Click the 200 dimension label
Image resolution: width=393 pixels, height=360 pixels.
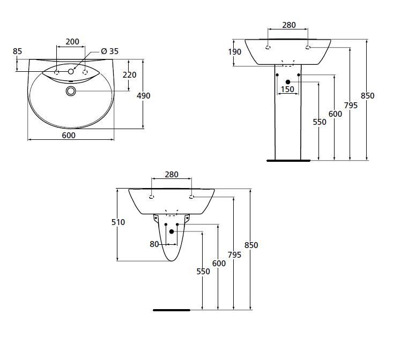click(x=72, y=42)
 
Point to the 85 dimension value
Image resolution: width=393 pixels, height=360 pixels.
click(x=17, y=51)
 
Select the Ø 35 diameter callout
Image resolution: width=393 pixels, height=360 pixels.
click(x=110, y=51)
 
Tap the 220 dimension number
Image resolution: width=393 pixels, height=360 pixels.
click(x=129, y=75)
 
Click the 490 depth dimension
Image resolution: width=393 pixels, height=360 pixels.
click(x=144, y=96)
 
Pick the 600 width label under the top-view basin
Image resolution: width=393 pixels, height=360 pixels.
click(x=69, y=136)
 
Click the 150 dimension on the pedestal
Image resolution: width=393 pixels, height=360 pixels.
click(x=288, y=89)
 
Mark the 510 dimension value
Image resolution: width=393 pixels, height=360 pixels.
click(x=118, y=222)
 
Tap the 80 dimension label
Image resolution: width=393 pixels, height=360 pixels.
click(x=154, y=244)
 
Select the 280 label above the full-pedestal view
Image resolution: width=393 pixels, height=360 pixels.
click(x=289, y=25)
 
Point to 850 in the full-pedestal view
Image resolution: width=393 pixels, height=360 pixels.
click(x=367, y=96)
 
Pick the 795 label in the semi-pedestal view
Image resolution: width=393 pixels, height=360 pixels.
click(x=234, y=255)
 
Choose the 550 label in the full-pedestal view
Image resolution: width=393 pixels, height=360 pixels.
click(x=320, y=122)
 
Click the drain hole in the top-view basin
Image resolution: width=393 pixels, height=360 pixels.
click(x=71, y=91)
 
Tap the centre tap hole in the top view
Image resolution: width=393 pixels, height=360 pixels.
click(x=71, y=71)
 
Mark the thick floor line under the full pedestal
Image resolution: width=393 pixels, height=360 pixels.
click(x=288, y=160)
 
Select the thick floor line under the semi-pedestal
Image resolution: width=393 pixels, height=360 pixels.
click(x=172, y=310)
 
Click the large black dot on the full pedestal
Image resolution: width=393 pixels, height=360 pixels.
click(x=288, y=81)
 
